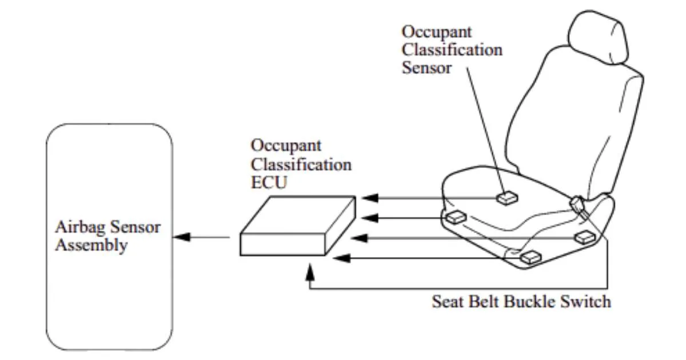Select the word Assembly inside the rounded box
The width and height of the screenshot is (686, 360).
point(91,246)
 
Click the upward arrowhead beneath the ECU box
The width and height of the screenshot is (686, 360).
point(310,268)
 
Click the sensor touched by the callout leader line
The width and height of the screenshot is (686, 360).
point(507,198)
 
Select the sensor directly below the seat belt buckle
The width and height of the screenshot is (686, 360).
point(586,237)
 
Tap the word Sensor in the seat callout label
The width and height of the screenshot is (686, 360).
point(426,68)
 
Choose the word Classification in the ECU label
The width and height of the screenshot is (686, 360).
point(301,165)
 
